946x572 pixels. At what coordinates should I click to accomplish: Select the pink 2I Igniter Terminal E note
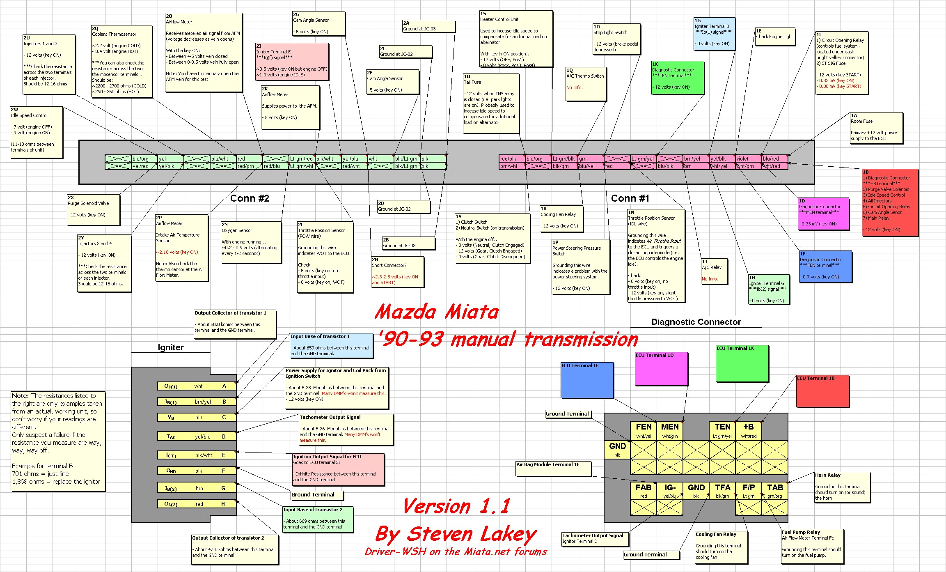[x=292, y=62]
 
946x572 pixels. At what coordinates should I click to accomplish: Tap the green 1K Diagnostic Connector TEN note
[x=678, y=78]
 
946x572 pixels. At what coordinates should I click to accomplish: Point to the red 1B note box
[x=890, y=202]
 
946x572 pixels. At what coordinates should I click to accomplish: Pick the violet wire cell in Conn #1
[x=748, y=159]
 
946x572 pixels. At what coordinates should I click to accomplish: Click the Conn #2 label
[x=250, y=198]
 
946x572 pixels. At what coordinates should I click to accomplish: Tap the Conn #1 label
[x=630, y=198]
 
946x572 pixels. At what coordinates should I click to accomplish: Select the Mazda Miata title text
[x=436, y=312]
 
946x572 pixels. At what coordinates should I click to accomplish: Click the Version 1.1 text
[x=456, y=506]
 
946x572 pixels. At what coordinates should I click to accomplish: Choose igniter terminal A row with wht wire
[x=197, y=386]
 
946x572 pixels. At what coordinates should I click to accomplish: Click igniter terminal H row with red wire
[x=197, y=504]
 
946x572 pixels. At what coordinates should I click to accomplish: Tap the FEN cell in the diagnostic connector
[x=644, y=431]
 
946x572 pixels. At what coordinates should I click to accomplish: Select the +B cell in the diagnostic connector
[x=749, y=431]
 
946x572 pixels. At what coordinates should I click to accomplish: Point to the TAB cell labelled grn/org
[x=775, y=491]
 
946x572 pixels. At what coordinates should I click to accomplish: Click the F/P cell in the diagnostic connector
[x=749, y=491]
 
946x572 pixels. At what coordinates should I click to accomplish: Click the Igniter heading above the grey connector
[x=171, y=347]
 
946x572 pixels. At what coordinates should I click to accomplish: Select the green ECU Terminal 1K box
[x=742, y=363]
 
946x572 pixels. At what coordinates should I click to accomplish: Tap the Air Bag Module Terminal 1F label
[x=553, y=468]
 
